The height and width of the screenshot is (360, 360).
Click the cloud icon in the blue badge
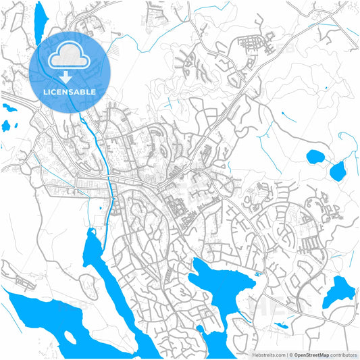coord(70,56)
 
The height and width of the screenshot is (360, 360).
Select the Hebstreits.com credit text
coord(266,354)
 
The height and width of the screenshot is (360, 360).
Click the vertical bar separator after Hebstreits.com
coord(286,354)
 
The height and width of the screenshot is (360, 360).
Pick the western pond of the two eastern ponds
coord(315,158)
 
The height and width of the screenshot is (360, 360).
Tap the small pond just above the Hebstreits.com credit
coord(280,326)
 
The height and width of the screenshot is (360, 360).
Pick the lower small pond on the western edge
coord(7,125)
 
